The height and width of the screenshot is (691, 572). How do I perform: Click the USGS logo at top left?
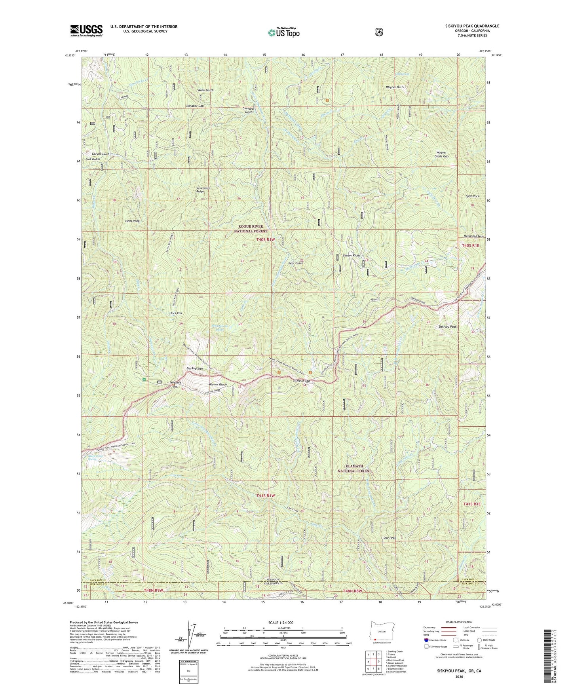86,30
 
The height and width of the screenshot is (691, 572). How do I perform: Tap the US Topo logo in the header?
283,32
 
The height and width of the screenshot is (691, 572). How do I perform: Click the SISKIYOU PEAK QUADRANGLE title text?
466,26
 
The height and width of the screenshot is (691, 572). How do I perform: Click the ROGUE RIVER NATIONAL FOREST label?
251,229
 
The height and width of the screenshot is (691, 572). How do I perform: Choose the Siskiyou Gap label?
301,381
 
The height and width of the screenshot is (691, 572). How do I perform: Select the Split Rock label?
473,196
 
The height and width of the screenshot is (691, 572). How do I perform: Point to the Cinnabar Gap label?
194,106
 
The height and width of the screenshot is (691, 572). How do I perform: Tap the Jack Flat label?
176,313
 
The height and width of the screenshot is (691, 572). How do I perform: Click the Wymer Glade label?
218,384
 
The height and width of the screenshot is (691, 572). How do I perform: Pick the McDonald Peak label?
473,237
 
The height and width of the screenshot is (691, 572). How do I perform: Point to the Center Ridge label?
351,256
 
